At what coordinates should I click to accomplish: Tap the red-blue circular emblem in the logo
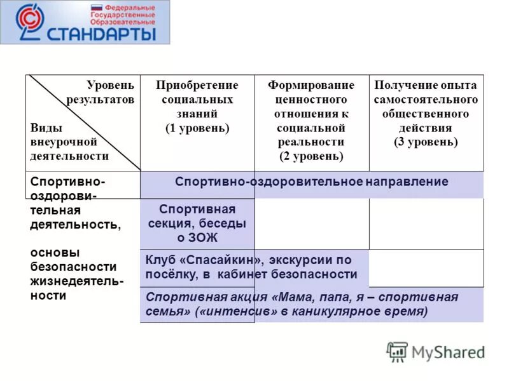click(x=28, y=22)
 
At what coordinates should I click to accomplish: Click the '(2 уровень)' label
click(x=311, y=156)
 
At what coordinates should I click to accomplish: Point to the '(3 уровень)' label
click(x=426, y=142)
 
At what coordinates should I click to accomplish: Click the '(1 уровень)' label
click(x=197, y=128)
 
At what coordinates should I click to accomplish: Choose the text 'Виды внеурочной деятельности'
click(x=70, y=142)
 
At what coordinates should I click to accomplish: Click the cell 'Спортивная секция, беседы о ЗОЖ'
click(x=197, y=224)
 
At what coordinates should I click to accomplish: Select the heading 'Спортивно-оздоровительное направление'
click(x=311, y=182)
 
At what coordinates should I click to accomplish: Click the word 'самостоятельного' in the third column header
click(x=426, y=100)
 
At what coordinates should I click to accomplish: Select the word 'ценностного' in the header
click(x=311, y=100)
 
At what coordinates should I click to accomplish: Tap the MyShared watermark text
click(x=447, y=352)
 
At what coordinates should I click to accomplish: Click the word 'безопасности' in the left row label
click(x=74, y=267)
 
